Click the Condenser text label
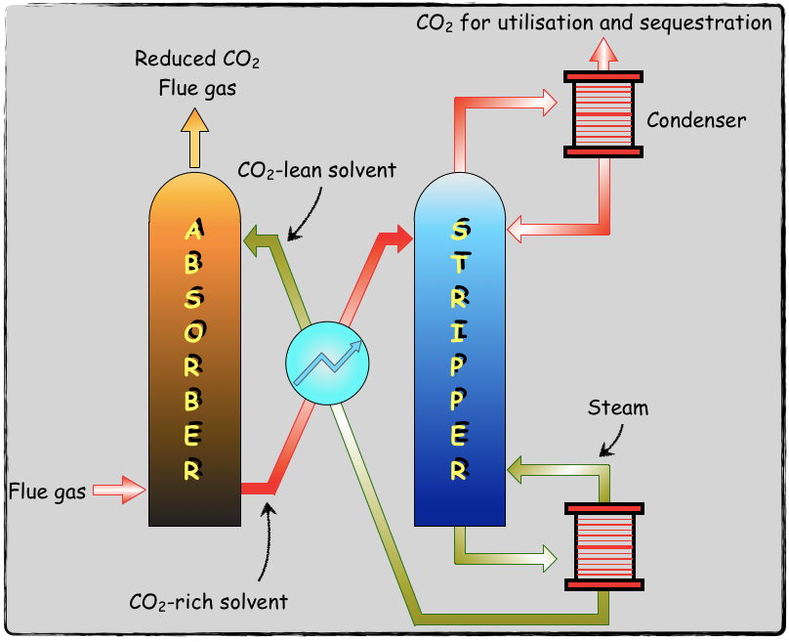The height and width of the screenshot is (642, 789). [696, 120]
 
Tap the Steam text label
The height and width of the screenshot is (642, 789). [618, 407]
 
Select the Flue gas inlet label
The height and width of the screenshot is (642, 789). [49, 491]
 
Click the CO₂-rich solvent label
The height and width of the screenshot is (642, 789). [208, 601]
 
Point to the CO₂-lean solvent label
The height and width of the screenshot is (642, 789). [317, 170]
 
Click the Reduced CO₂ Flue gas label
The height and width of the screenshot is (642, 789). [197, 73]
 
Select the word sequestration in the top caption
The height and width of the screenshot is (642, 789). [709, 21]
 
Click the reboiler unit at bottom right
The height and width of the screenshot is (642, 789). [603, 546]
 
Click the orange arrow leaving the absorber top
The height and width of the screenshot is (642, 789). [194, 136]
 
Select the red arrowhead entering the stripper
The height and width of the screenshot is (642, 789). [399, 237]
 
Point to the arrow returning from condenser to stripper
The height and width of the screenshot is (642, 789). [527, 231]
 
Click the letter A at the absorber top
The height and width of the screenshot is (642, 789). [194, 231]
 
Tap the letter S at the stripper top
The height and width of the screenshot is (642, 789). [460, 232]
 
